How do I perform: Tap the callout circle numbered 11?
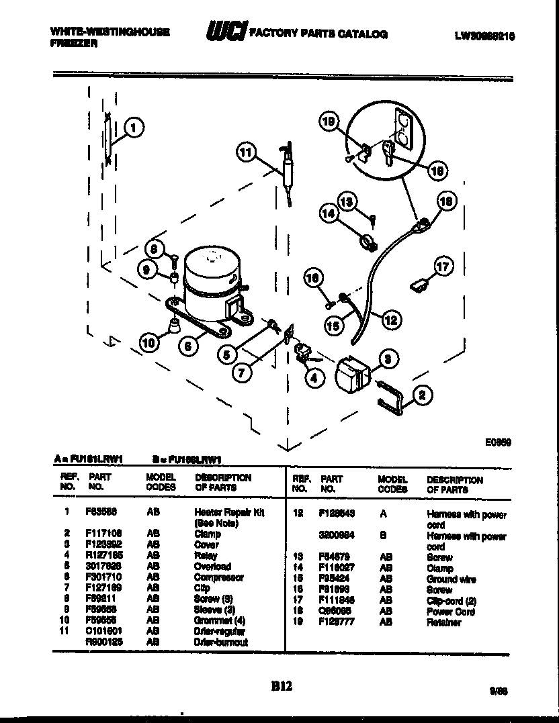(246, 153)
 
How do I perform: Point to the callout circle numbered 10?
(150, 344)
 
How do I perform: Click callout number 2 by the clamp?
(421, 396)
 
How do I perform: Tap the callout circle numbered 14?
(329, 214)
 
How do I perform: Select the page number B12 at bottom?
(282, 685)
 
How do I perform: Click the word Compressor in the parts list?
(218, 577)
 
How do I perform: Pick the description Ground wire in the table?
(451, 579)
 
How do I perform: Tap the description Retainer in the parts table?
(443, 623)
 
